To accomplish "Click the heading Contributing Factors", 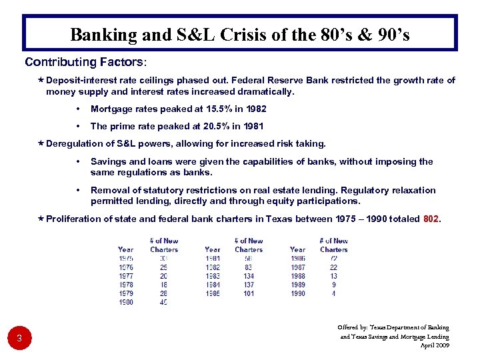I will point(83,63).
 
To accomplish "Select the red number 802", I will point(432,219).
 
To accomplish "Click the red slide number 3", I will point(19,339).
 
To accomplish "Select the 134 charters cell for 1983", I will point(249,276).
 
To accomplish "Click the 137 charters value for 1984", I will point(249,285).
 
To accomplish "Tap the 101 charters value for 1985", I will point(249,293).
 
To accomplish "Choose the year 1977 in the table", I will point(125,276).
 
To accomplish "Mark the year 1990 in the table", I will point(298,293).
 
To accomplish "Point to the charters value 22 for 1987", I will point(333,267).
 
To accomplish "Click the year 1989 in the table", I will point(298,285).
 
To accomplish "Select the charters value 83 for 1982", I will point(249,267).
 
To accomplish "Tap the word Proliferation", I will point(74,219).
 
